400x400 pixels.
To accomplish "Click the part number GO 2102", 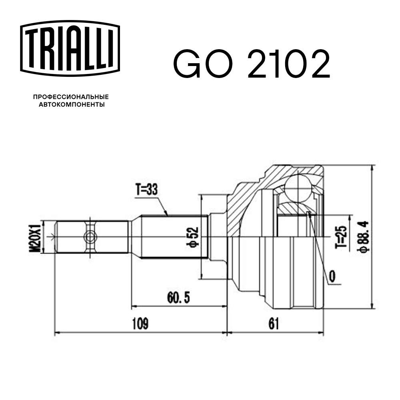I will [x=251, y=64].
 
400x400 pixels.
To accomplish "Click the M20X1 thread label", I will [x=36, y=237].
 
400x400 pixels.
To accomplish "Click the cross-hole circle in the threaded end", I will [x=90, y=237].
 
